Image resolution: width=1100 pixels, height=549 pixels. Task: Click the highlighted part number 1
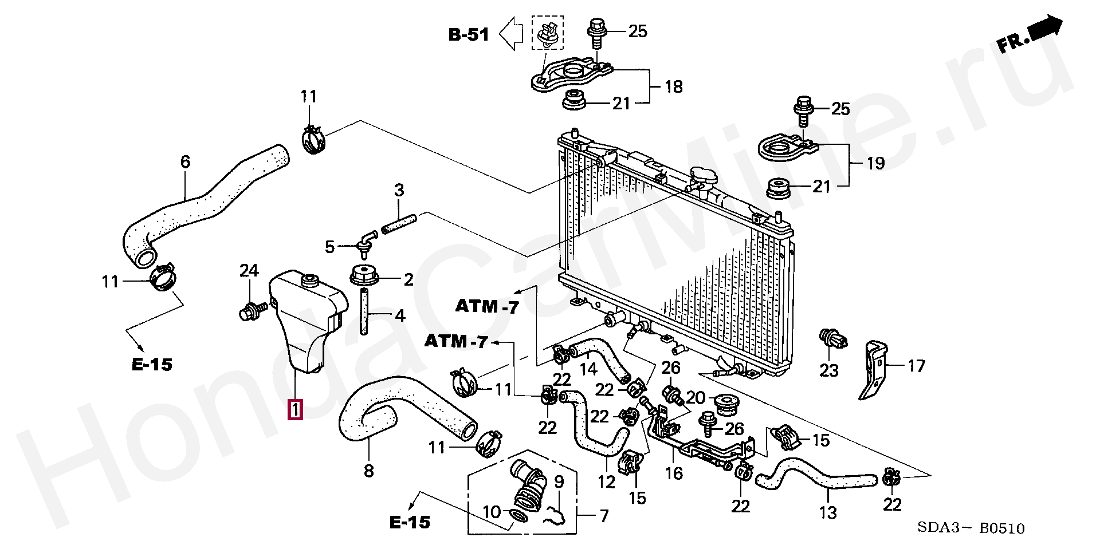coord(295,410)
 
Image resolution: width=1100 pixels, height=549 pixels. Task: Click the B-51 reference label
coord(469,35)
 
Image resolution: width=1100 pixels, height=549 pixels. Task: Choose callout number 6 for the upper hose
coord(185,161)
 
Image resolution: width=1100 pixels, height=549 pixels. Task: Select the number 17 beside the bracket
coord(917,366)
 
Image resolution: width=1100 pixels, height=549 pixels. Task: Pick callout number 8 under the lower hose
coord(368,471)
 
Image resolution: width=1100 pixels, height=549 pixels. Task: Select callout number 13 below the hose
coord(828,512)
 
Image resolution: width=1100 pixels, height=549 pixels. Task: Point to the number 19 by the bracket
coord(875,163)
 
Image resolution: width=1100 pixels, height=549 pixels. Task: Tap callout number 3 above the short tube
coord(399,189)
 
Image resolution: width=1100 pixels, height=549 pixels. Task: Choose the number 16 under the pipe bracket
coord(674,473)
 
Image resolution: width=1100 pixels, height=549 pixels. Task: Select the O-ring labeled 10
coord(520,516)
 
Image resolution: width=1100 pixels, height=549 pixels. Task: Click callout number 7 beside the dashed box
coord(604,516)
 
